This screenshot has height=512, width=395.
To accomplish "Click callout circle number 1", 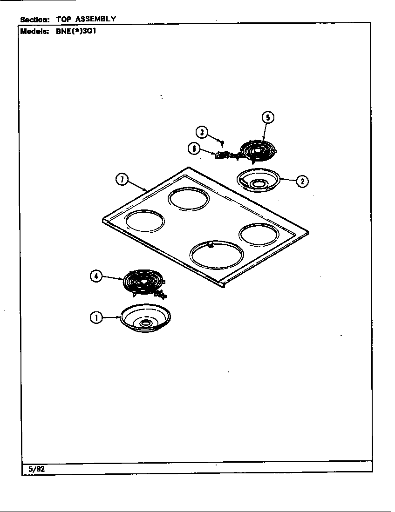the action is [x=96, y=318].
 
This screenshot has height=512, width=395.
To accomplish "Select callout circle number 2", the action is [x=302, y=181].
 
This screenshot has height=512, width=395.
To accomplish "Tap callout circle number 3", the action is [x=201, y=132].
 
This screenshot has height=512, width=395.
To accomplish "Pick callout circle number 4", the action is [x=95, y=276].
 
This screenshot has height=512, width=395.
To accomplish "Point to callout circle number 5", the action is [x=267, y=117].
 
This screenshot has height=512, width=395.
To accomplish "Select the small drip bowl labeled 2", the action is [x=258, y=180].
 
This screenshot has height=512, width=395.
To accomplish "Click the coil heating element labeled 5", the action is [x=258, y=150].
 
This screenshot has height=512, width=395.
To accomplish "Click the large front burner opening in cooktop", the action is [x=217, y=255].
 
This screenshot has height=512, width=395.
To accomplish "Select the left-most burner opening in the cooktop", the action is [x=145, y=221].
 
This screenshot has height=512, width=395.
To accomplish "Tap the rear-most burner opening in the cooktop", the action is [x=189, y=199].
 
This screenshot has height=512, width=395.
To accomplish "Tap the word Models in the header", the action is [x=34, y=32].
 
